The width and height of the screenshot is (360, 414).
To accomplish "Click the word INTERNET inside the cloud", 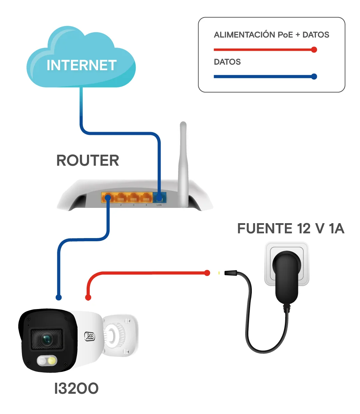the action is [82, 65].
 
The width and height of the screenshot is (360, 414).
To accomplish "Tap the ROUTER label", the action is [88, 160].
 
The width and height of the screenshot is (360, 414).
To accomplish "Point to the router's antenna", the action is [183, 164].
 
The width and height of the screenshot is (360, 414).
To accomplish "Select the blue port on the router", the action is [160, 197].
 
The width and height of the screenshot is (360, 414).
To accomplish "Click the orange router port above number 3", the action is [133, 197].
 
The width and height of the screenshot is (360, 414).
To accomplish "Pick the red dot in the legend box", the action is [314, 50].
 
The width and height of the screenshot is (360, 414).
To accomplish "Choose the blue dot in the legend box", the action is [314, 76].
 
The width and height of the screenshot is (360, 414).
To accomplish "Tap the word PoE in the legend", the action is [286, 35].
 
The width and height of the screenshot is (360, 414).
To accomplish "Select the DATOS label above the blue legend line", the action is [227, 62].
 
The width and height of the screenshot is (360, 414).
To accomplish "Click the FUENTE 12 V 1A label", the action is [291, 228].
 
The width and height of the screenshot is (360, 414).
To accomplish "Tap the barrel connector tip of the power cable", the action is [230, 273].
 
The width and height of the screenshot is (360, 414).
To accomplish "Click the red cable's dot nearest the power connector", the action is [207, 273].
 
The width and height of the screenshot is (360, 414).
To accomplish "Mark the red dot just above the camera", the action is [88, 298].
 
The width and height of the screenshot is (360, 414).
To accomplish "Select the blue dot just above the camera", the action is [59, 298].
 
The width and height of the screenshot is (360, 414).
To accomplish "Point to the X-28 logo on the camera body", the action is [89, 336].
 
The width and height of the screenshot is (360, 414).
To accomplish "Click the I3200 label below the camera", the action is [76, 388].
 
